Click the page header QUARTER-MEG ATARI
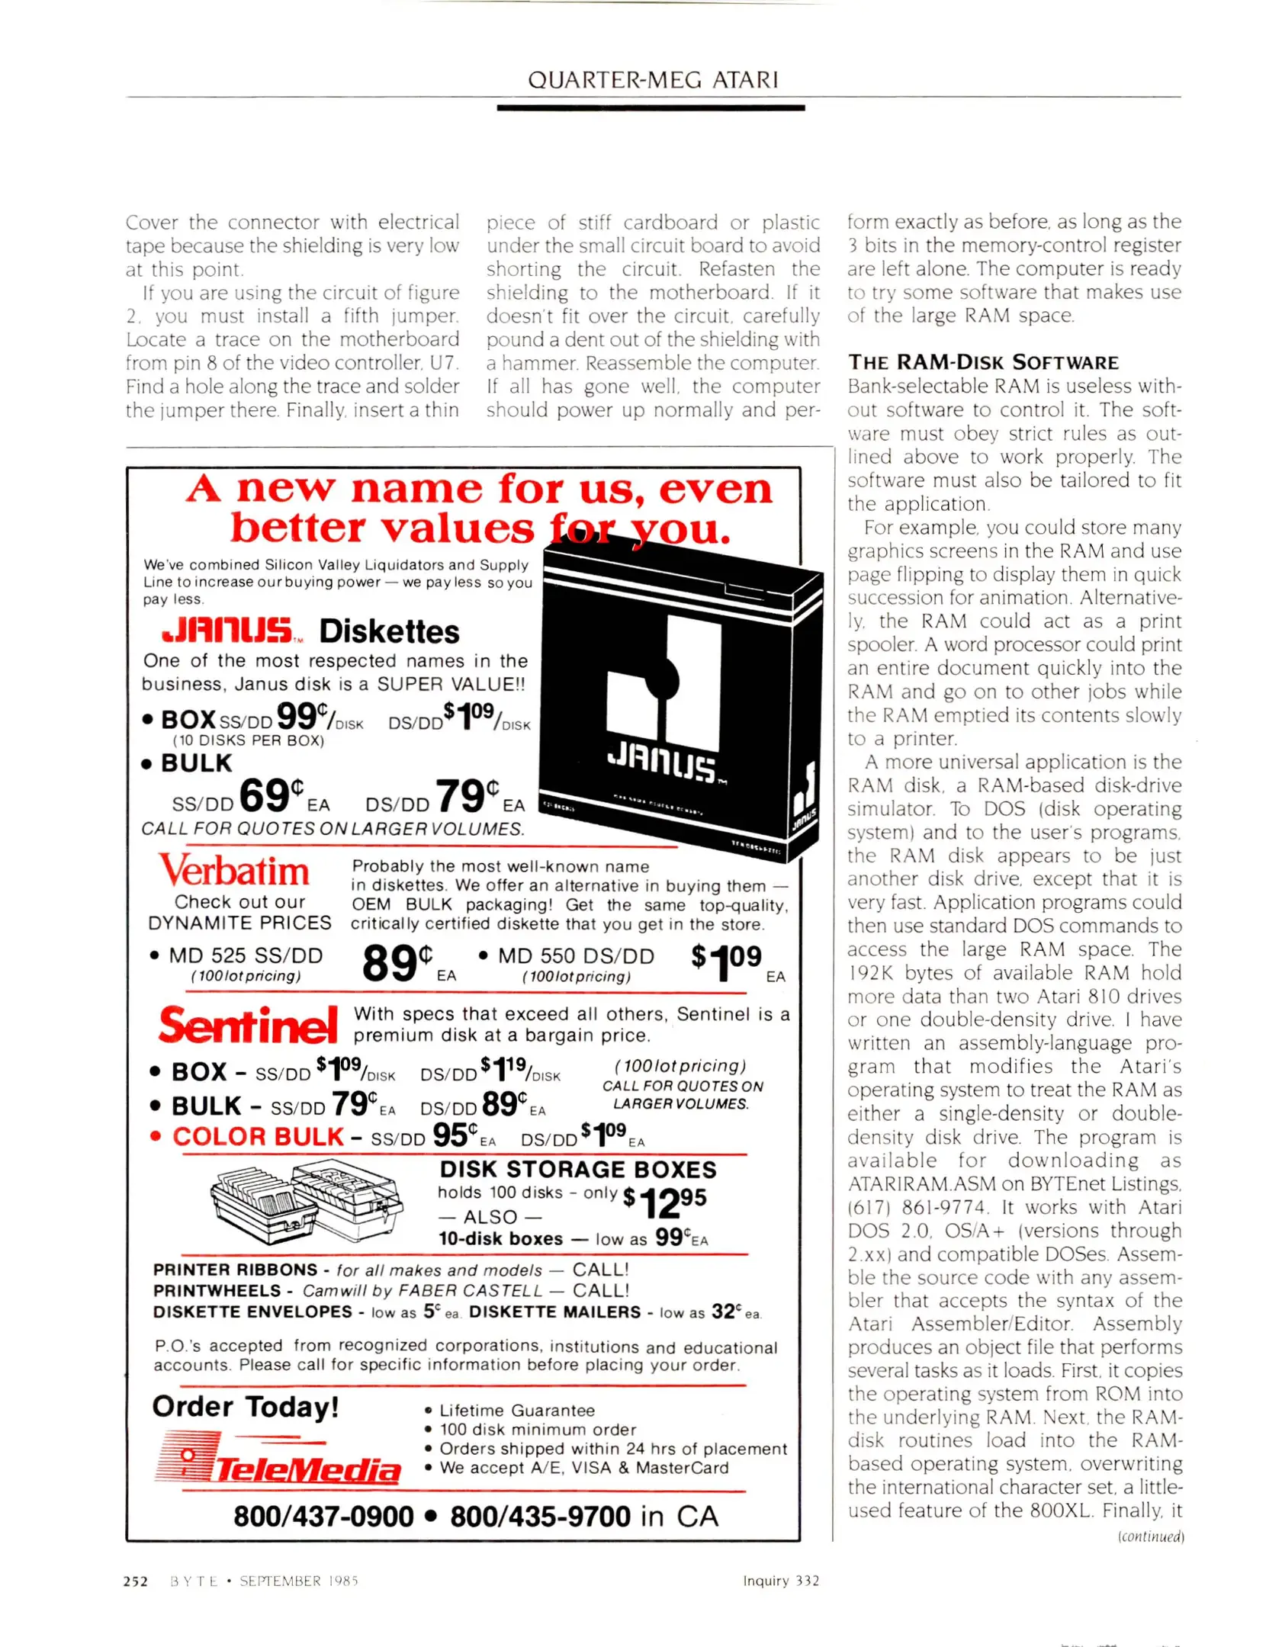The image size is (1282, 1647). coord(653,79)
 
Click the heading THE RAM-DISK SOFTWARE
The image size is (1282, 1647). coord(983,362)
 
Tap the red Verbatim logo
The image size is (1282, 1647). coord(234,871)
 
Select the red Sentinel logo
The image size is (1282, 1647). coord(248,1025)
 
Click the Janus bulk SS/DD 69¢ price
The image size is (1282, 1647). coord(272,795)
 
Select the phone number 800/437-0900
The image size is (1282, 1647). coord(323,1517)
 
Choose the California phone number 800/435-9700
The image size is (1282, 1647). coord(540,1517)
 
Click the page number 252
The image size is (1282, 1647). coord(135,1581)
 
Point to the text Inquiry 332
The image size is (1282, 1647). coord(781,1581)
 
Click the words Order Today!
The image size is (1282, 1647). coord(246,1406)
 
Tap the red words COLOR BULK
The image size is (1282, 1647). coord(258,1136)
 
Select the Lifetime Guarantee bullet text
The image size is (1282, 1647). coord(516,1411)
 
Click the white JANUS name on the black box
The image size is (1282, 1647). coord(661,765)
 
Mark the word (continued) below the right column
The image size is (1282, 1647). coord(1150,1536)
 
